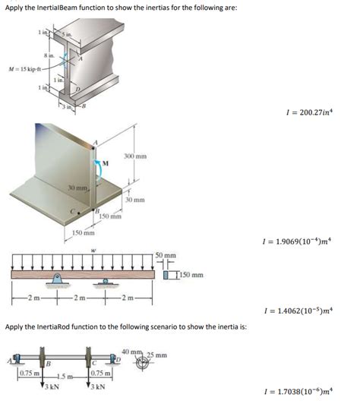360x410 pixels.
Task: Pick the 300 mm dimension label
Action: coord(136,156)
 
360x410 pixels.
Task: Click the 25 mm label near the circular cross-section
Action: coord(156,355)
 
